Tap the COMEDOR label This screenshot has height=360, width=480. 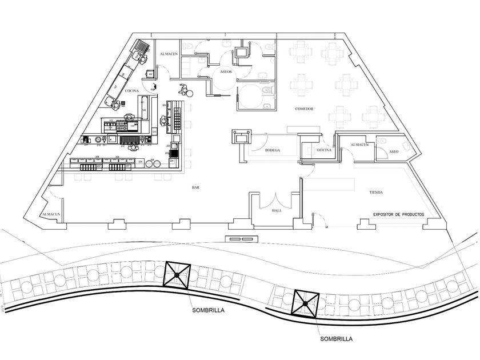click(x=304, y=109)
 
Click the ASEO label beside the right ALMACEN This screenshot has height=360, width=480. click(x=393, y=151)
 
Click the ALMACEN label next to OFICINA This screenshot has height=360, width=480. click(x=358, y=145)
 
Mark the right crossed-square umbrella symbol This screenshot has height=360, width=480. click(x=306, y=303)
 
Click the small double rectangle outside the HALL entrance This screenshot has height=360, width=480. click(x=239, y=238)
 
